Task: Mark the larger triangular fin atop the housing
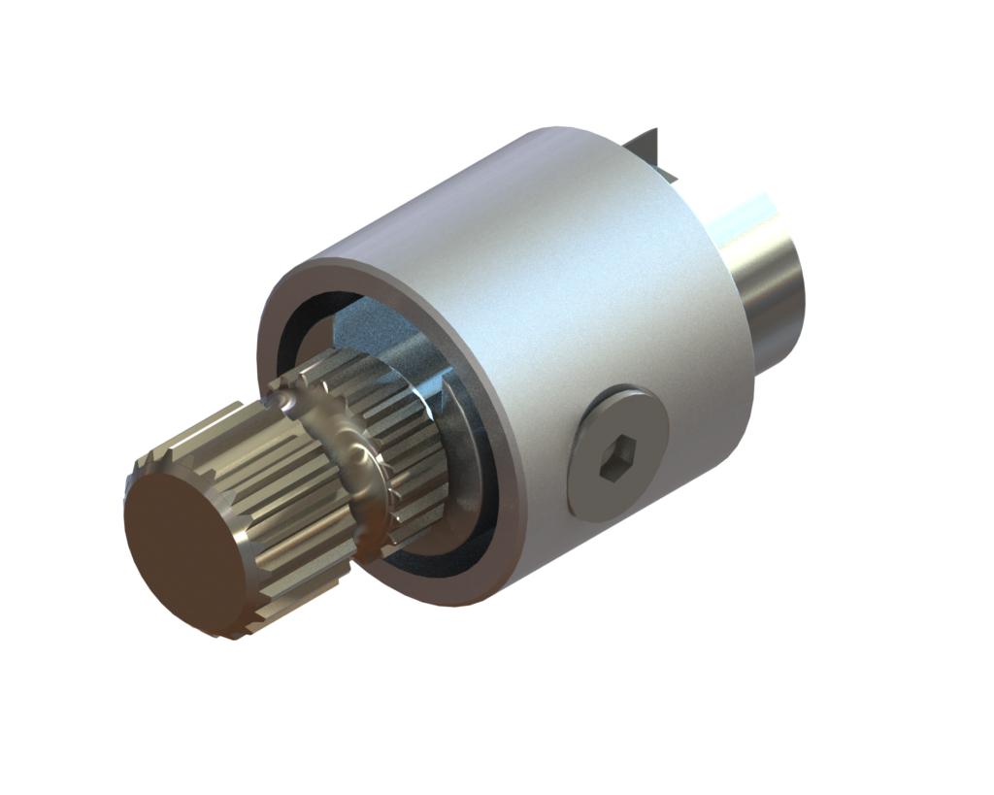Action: [x=647, y=146]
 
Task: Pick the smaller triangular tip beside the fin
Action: [x=670, y=175]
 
